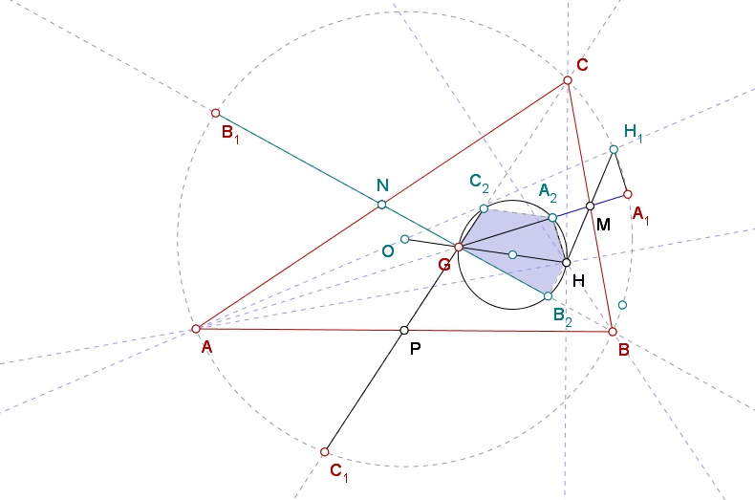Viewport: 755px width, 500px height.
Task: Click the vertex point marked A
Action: pyautogui.click(x=196, y=329)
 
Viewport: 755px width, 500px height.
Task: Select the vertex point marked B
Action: pyautogui.click(x=613, y=332)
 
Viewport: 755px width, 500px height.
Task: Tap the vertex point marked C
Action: pyautogui.click(x=568, y=80)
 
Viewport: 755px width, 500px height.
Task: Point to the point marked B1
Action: pyautogui.click(x=216, y=113)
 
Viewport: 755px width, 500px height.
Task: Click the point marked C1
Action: pyautogui.click(x=325, y=452)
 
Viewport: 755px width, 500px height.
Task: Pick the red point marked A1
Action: pyautogui.click(x=627, y=194)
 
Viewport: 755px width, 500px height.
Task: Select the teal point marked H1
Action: pyautogui.click(x=614, y=149)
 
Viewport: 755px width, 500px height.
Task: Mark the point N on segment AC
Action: pyautogui.click(x=382, y=205)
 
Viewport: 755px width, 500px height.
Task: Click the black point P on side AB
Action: pyautogui.click(x=404, y=330)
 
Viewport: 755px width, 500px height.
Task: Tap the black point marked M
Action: pyautogui.click(x=591, y=207)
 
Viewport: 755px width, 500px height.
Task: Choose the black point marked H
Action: pyautogui.click(x=567, y=263)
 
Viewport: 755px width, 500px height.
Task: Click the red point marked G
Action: pyautogui.click(x=459, y=247)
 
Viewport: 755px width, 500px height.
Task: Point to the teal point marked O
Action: pyautogui.click(x=405, y=239)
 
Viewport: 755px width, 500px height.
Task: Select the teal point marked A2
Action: pyautogui.click(x=552, y=218)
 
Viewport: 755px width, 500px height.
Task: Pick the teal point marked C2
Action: pyautogui.click(x=484, y=208)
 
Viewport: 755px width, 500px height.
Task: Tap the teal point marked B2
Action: pyautogui.click(x=548, y=295)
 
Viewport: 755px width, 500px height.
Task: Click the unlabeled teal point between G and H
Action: pyautogui.click(x=513, y=255)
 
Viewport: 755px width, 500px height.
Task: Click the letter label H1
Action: pyautogui.click(x=634, y=133)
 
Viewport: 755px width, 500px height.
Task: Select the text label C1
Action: pyautogui.click(x=339, y=472)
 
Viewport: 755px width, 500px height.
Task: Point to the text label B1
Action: pyautogui.click(x=230, y=134)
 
